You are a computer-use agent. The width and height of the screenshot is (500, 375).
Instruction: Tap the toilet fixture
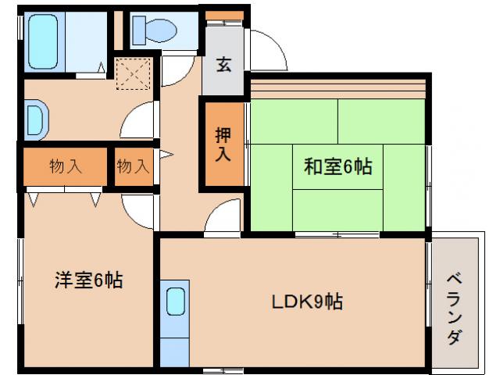coord(154,30)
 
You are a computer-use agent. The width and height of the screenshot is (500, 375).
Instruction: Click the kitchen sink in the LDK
coord(176,302)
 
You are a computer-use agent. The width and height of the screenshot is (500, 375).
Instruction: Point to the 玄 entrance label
coord(224,66)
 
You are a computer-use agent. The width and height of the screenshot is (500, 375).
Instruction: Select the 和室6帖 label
coord(337,166)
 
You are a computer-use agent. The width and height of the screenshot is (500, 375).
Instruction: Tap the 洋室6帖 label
coord(87,280)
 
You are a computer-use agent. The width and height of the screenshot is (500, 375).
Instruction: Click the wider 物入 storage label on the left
coord(65,166)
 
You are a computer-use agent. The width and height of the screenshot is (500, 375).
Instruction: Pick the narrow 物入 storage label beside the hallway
coord(133,166)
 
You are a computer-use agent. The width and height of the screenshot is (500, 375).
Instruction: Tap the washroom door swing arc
coord(141,121)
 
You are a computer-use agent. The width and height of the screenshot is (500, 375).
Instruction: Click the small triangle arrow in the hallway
coord(165,155)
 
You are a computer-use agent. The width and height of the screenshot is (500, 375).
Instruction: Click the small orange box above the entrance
coord(224,15)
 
